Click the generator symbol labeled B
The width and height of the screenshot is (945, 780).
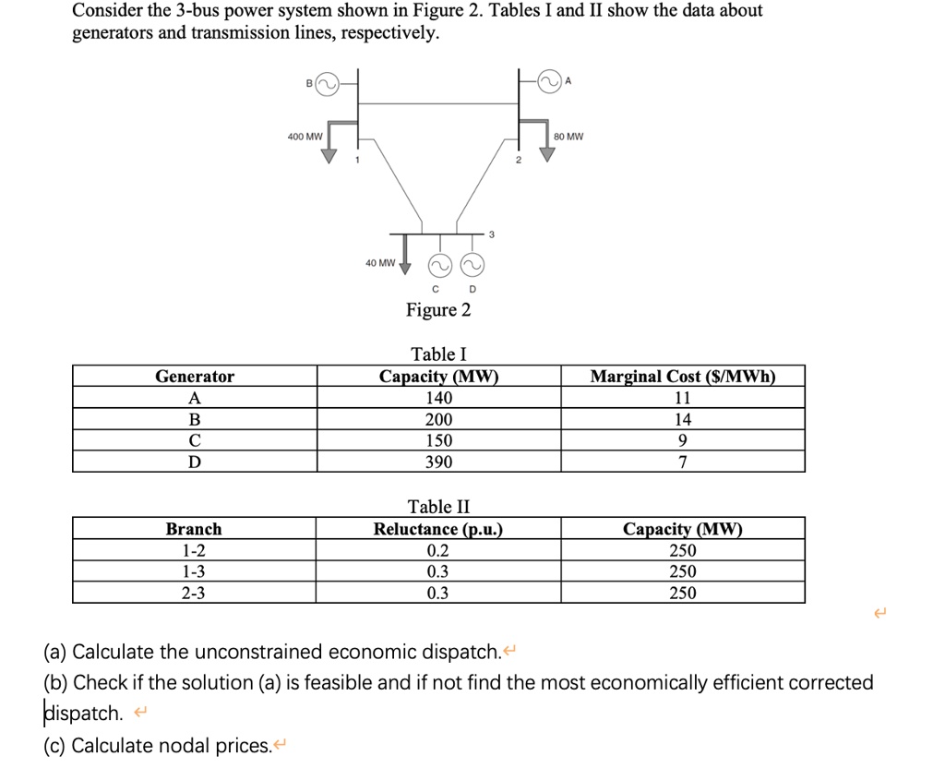pos(328,85)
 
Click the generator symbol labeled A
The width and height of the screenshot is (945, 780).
pos(550,83)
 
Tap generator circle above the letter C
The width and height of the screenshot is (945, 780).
pos(440,266)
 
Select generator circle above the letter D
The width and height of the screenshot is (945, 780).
pos(472,266)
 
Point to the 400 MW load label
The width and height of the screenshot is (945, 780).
pos(305,137)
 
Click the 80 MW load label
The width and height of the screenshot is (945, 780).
pos(569,137)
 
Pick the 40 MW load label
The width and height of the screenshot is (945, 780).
pos(379,262)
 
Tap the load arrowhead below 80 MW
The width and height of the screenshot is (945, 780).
pos(548,154)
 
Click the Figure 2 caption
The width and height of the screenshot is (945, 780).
pos(438,310)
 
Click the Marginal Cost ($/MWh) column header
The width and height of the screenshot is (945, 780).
pos(683,377)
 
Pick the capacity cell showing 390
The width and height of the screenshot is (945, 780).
pos(438,462)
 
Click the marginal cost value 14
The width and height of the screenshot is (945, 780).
pos(683,419)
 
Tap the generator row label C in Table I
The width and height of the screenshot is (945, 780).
pos(194,440)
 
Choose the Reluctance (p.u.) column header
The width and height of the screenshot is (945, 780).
pos(438,529)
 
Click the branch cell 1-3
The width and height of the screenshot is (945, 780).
pos(194,571)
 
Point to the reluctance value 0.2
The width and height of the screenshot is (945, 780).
pos(438,550)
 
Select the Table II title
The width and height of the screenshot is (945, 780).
pos(438,507)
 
